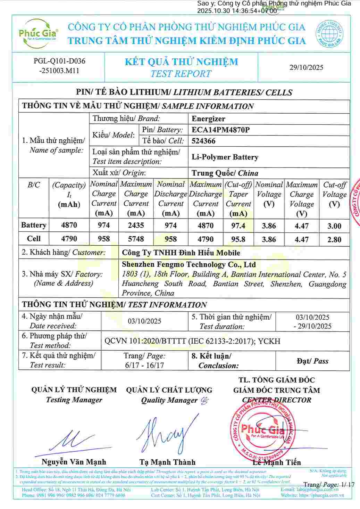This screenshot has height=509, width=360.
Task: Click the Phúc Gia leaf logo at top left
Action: (38, 34)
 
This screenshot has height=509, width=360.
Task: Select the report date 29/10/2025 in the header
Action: (306, 67)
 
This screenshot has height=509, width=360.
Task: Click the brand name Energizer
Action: (208, 119)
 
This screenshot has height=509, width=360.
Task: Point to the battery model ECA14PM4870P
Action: (220, 130)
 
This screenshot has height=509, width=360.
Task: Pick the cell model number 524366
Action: (203, 141)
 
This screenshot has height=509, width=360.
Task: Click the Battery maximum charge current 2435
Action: (136, 225)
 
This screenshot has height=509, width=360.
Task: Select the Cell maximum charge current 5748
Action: (136, 239)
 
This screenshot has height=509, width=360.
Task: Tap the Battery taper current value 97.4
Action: (238, 225)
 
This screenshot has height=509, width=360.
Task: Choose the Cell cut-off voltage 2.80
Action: (334, 239)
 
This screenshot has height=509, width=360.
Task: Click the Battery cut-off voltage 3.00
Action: (334, 226)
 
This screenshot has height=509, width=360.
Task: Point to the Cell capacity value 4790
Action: (69, 239)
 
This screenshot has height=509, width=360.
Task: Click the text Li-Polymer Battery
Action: (225, 157)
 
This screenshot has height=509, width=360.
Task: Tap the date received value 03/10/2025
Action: (144, 321)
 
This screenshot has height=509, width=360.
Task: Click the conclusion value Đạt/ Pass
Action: (312, 361)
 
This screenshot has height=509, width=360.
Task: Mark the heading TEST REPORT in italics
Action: (181, 74)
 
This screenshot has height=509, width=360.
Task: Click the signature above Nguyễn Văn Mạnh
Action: (71, 443)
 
